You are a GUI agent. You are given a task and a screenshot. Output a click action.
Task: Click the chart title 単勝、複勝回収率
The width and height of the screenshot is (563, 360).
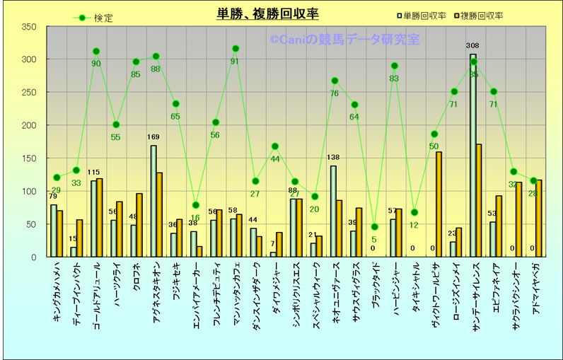tap(267, 13)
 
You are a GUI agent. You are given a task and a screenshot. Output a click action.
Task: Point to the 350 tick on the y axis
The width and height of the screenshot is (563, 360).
tap(29, 27)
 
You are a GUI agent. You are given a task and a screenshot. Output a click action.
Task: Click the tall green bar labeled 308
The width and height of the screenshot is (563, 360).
tap(472, 156)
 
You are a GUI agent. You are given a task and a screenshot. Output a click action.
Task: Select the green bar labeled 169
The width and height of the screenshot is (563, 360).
tap(153, 202)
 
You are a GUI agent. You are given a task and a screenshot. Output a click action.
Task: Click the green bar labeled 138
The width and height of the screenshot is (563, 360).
tap(333, 211)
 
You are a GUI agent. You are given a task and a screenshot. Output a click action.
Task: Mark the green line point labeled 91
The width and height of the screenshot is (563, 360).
tap(236, 49)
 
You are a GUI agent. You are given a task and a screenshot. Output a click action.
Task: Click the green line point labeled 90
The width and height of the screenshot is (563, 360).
tap(96, 52)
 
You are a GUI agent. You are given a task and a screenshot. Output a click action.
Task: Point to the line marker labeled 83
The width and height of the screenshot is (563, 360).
tap(395, 66)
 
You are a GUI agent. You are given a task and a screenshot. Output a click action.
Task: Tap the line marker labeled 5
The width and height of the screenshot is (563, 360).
tap(374, 227)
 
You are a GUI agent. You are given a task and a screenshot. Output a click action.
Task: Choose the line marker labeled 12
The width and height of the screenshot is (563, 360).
tap(414, 212)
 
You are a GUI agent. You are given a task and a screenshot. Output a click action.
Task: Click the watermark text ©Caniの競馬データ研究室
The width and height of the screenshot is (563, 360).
tap(344, 40)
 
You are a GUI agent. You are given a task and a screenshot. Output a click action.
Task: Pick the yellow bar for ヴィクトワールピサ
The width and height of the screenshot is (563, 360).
tap(439, 204)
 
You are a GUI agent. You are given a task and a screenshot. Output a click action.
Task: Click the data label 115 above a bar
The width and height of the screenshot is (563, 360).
tap(94, 172)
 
